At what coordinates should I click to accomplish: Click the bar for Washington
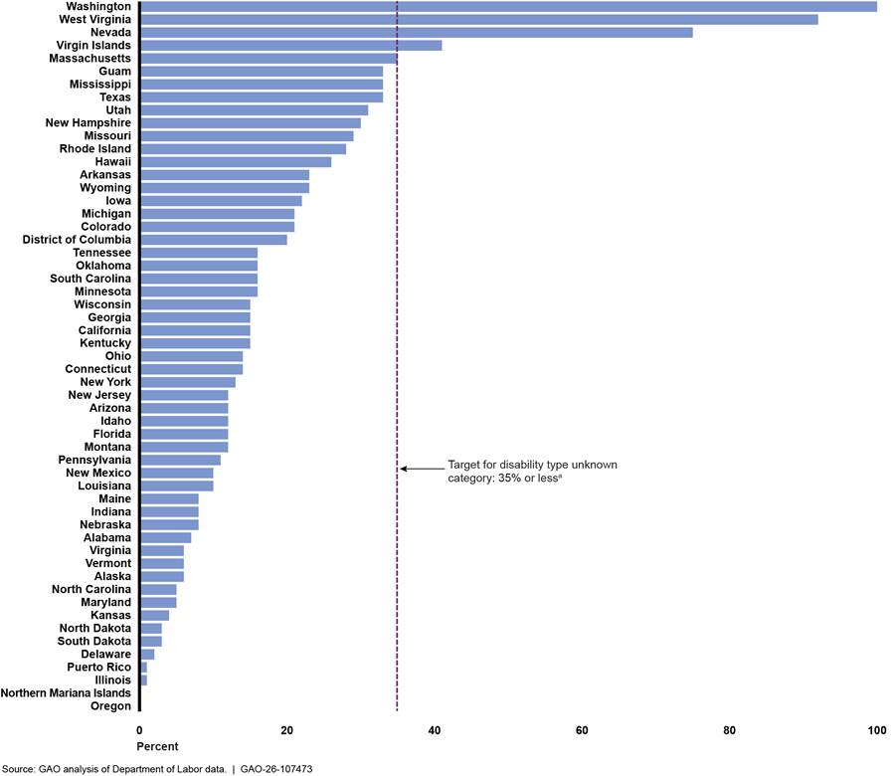(508, 7)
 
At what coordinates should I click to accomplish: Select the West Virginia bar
(478, 20)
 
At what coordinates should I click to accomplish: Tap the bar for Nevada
(416, 33)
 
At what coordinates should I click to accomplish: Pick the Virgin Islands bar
(290, 46)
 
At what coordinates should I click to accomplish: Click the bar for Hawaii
(236, 162)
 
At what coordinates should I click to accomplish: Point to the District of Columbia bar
(213, 240)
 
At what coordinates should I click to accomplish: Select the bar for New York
(188, 382)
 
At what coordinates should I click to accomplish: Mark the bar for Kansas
(154, 615)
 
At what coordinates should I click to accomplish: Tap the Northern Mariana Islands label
(66, 692)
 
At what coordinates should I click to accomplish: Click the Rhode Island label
(90, 149)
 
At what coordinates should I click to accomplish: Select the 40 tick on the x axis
(435, 730)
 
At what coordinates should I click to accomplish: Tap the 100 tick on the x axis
(876, 730)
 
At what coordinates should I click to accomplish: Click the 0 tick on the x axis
(139, 730)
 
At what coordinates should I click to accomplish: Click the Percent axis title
(157, 746)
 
